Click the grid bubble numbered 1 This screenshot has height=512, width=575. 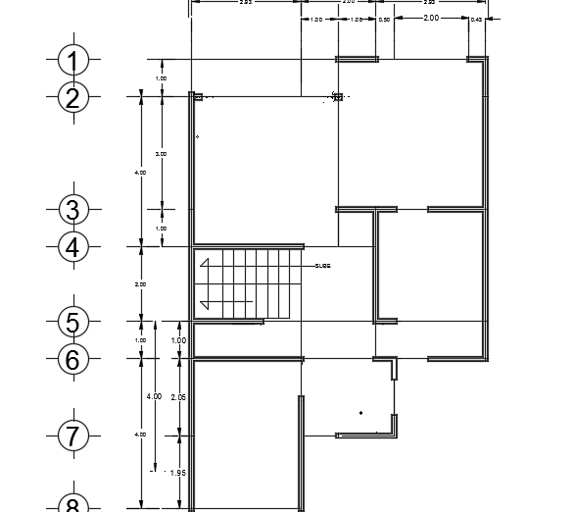point(73,60)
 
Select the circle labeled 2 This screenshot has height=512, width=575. point(73,97)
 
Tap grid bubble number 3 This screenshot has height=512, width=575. point(73,209)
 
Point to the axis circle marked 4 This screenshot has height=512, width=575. point(73,247)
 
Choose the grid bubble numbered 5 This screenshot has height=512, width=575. point(73,321)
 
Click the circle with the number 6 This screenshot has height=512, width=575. point(73,359)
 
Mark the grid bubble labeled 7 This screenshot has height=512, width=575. point(73,435)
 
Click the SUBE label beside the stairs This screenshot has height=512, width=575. point(322,266)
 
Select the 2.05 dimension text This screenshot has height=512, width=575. point(178,396)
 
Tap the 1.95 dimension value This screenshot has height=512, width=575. point(178,473)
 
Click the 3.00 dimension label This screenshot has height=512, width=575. point(162,154)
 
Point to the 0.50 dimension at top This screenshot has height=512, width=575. point(384,20)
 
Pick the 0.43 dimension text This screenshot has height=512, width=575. point(476,20)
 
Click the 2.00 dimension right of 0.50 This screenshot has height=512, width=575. point(431,19)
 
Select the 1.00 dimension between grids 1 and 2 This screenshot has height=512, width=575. point(162,77)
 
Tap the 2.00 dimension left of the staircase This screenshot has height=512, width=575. point(140,284)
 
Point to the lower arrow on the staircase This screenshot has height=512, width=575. point(206,304)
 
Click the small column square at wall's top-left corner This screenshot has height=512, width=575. point(197,97)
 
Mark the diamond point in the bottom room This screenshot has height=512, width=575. point(361,412)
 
